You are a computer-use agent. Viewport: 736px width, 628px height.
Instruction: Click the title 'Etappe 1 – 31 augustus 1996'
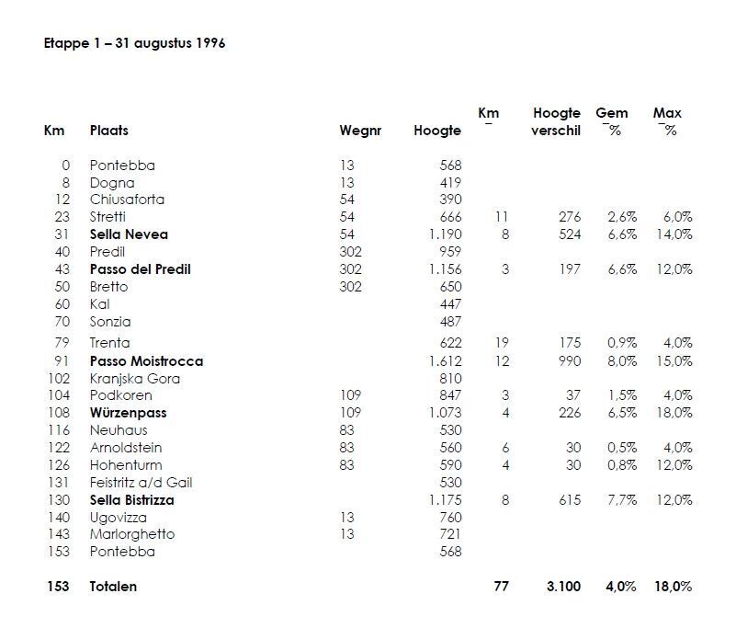pos(135,43)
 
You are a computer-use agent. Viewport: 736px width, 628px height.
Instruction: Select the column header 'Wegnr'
pos(359,131)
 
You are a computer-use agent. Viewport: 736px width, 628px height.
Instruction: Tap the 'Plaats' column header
pos(108,131)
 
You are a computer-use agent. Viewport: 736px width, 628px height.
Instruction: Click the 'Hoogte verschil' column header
pos(556,121)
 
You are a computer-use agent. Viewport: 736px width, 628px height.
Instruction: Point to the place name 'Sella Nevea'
pos(129,234)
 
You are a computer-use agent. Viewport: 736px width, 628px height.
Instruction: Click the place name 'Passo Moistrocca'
pos(146,361)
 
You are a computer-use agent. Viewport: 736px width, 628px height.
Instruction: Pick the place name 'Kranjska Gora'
pos(134,379)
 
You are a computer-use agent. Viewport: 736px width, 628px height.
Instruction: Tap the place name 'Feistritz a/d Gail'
pos(141,483)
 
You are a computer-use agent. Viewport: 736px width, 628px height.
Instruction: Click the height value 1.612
pos(445,361)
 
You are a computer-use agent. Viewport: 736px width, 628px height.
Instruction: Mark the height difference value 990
pos(570,361)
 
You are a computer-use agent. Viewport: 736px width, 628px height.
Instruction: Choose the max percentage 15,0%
pos(673,361)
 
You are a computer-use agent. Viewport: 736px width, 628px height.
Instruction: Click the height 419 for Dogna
pos(450,183)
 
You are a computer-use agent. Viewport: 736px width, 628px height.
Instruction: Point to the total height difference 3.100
pos(563,586)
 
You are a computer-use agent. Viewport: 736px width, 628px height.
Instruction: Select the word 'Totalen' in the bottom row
pos(113,586)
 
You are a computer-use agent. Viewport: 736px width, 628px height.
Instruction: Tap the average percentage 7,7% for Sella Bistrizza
pos(622,500)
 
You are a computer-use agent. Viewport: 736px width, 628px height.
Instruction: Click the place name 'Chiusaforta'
pos(128,200)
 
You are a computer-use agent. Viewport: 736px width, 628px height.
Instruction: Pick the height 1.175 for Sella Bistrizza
pos(445,500)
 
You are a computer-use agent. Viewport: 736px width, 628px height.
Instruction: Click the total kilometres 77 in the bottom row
pos(501,586)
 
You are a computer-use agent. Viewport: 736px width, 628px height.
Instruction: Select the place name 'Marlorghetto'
pos(132,534)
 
